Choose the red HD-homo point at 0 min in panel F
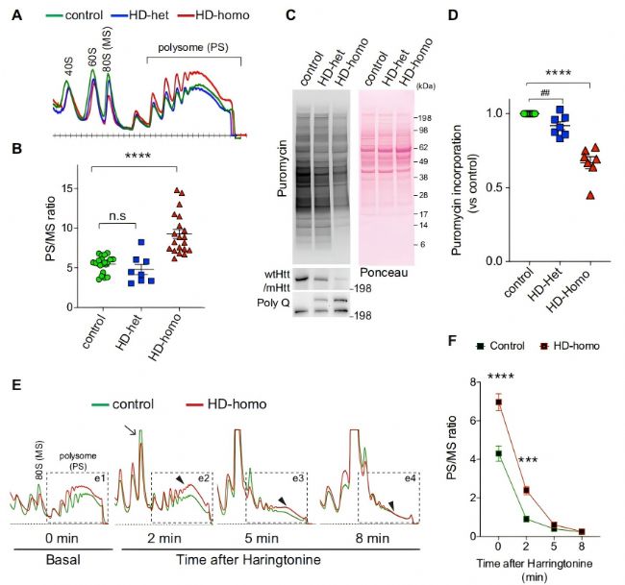tap(499, 402)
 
